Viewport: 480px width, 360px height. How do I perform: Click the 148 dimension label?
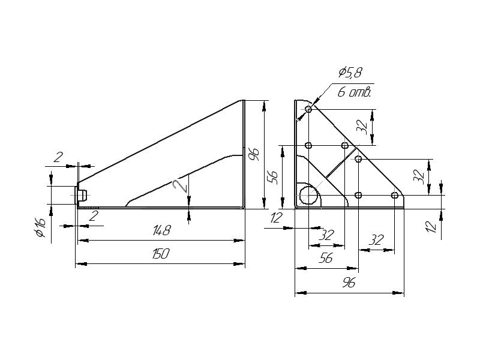161,230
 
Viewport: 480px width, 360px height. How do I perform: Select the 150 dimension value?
161,254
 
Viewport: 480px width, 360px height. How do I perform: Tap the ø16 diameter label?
40,228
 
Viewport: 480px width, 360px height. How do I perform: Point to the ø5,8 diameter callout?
350,72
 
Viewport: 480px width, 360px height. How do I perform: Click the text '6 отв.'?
354,92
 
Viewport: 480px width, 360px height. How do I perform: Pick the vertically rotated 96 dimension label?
254,155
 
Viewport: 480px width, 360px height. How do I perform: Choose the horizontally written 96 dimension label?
349,283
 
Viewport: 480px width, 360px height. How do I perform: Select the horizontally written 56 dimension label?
325,259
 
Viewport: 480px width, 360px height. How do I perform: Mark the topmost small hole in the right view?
308,109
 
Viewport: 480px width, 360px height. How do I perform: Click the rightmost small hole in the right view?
395,195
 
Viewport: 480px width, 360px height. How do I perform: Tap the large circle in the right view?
308,195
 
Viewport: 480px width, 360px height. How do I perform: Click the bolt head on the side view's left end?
83,195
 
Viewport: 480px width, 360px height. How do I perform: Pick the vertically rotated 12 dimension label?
431,227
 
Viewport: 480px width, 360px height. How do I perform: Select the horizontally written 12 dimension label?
276,218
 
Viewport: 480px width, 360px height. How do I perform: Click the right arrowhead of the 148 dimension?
239,241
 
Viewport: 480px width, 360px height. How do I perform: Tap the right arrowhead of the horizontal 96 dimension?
398,293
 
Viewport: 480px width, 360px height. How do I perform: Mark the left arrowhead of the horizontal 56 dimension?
301,268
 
